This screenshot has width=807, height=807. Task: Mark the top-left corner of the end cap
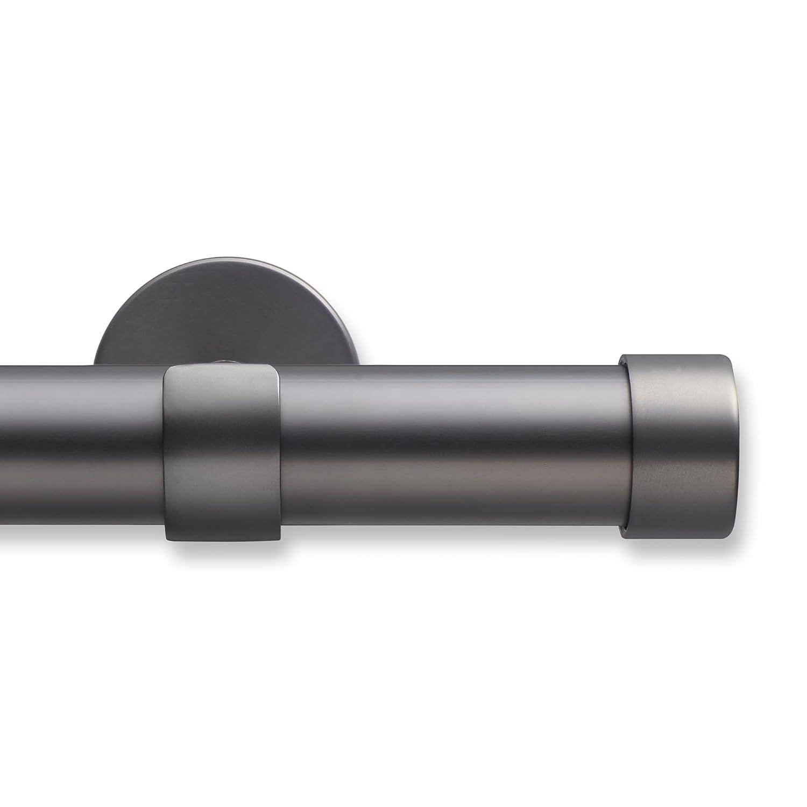click(x=620, y=356)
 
